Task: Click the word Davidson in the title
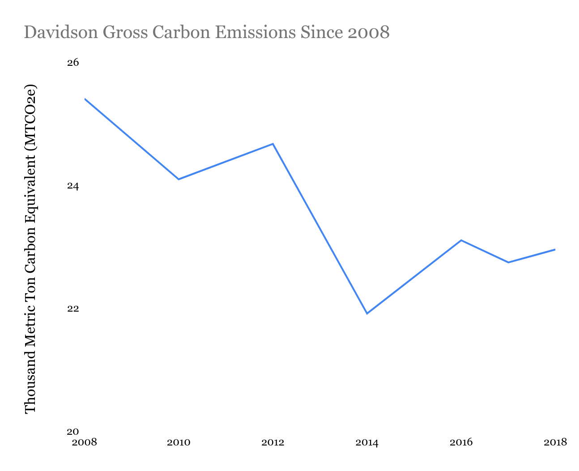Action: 61,32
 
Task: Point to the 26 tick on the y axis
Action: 73,63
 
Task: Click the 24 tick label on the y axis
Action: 73,186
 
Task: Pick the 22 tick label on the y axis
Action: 73,309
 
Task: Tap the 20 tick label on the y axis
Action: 73,432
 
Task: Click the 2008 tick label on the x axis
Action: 85,443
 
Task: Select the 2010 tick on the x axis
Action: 179,443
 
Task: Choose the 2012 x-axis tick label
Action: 273,443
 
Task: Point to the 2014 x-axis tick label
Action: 367,443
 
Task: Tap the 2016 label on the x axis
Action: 461,443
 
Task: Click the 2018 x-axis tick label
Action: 555,443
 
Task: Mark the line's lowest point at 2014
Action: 367,313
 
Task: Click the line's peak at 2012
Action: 273,144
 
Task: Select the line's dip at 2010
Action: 179,179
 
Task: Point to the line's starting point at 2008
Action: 85,98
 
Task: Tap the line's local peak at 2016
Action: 461,240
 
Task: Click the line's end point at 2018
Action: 555,249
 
